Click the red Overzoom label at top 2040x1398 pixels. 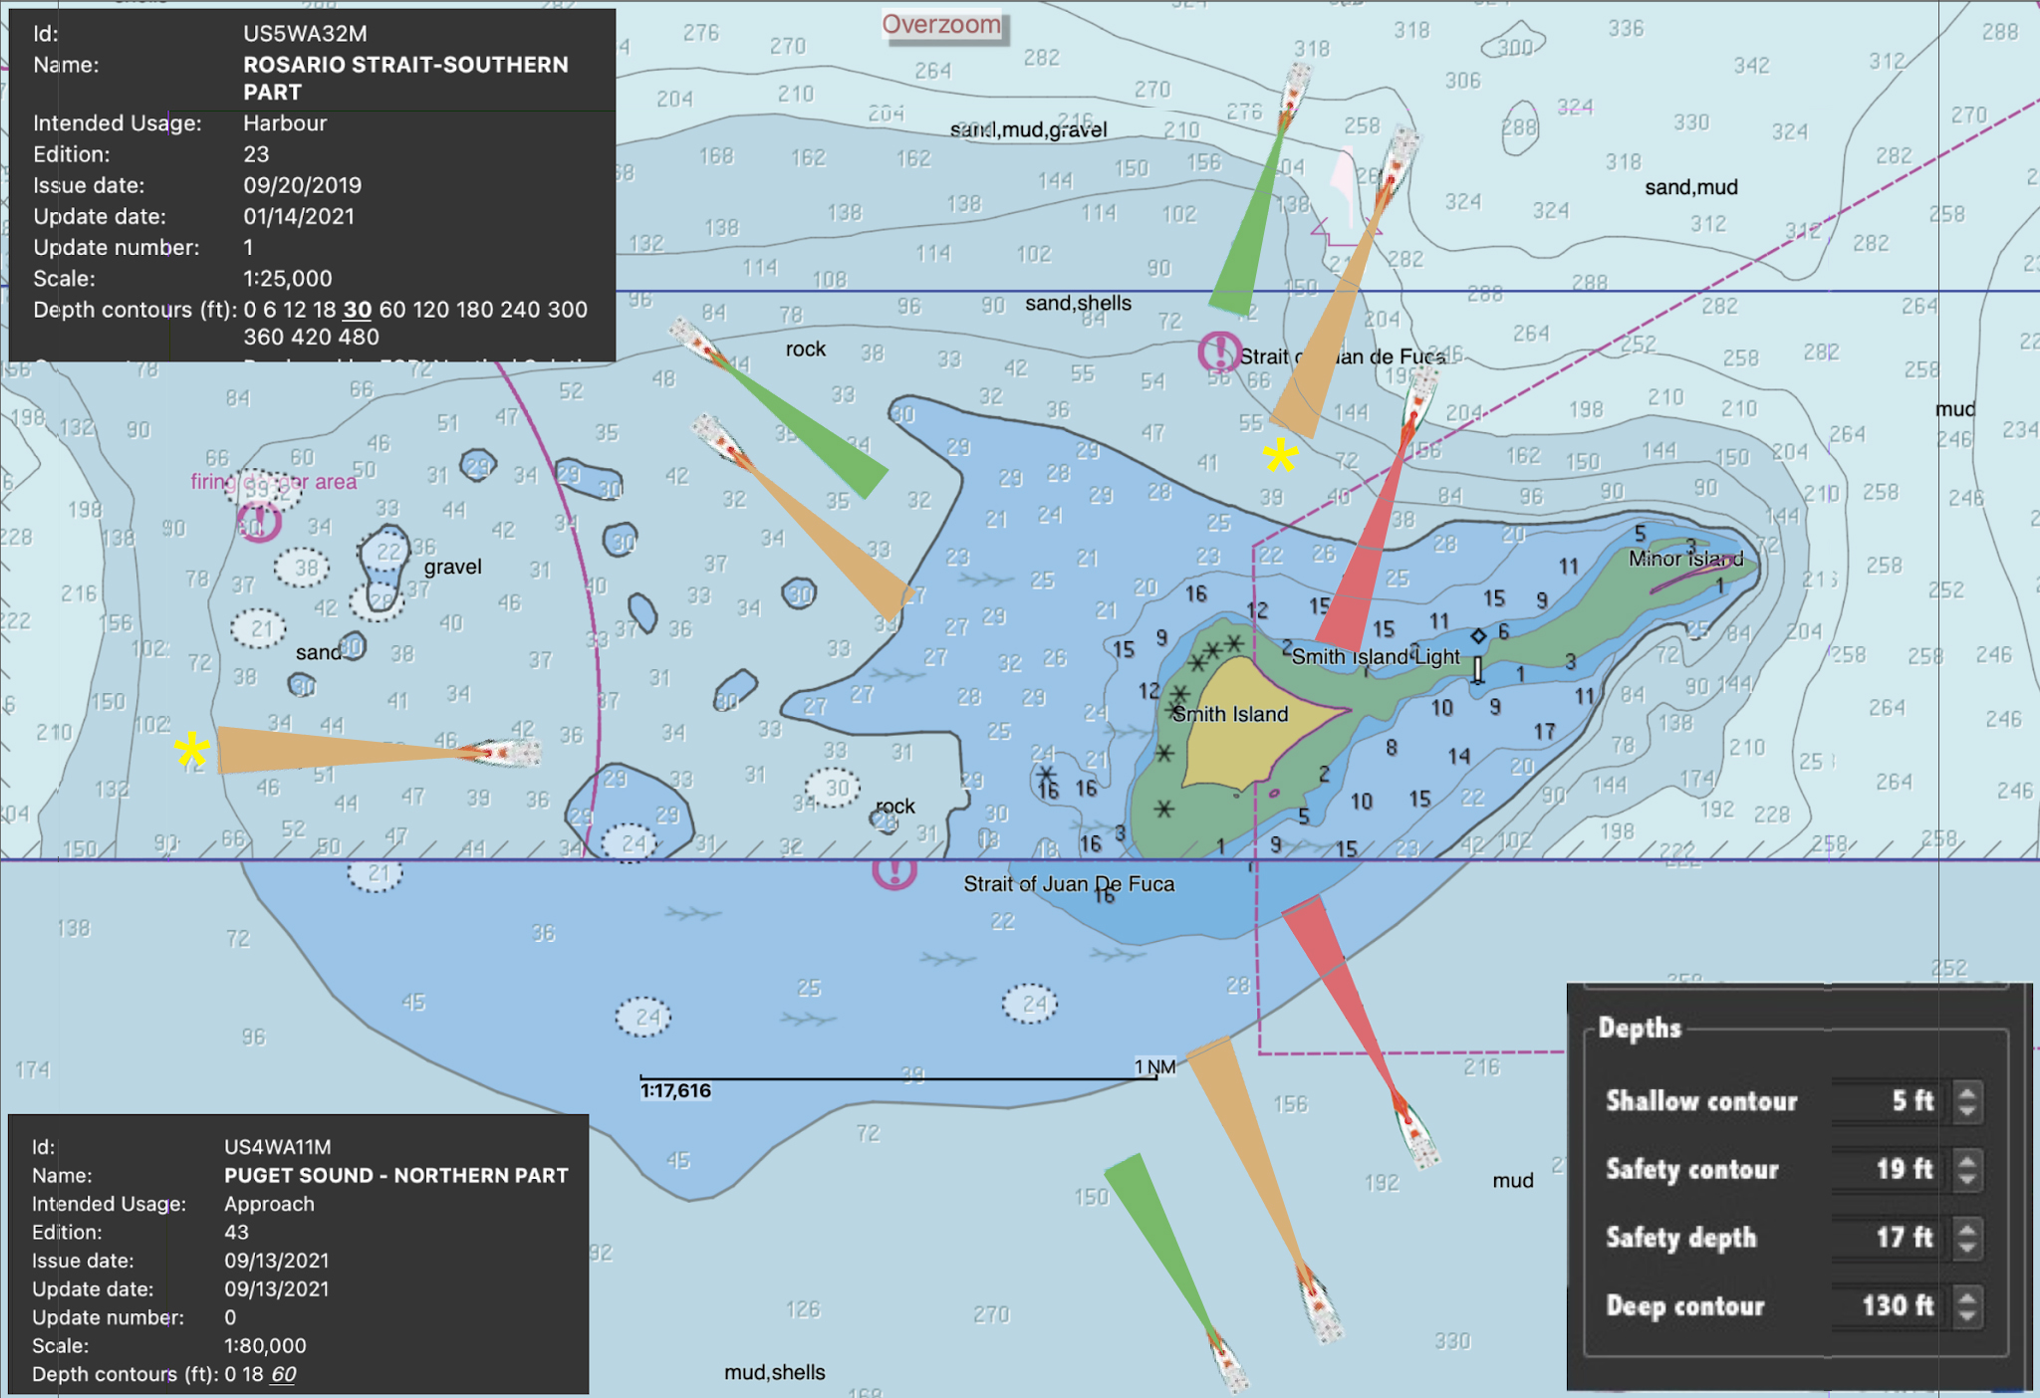pos(941,24)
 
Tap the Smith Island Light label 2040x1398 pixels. pos(1375,656)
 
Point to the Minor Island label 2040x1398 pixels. pos(1685,559)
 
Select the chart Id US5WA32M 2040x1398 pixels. pos(305,34)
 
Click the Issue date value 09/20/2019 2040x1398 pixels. pos(302,185)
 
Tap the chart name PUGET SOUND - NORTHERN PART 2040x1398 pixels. pos(395,1175)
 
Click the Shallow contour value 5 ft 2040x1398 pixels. pos(1912,1100)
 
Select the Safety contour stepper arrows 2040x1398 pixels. pos(1966,1169)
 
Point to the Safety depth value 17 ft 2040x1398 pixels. pos(1904,1238)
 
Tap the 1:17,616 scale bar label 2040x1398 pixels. pos(675,1091)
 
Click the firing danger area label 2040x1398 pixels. pos(273,482)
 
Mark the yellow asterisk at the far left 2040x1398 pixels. pos(192,750)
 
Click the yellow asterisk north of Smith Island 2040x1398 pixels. pos(1280,456)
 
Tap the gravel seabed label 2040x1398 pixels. pos(452,567)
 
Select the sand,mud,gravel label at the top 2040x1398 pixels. pos(1028,130)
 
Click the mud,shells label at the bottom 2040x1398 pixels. pos(774,1372)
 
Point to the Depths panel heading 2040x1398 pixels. pos(1639,1028)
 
